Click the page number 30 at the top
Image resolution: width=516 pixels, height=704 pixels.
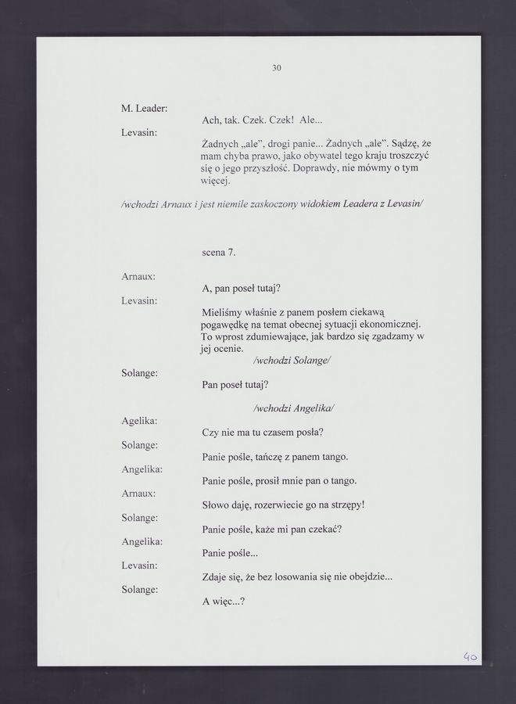276,68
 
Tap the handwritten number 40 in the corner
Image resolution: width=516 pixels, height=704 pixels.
469,657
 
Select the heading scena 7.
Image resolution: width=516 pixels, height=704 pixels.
218,252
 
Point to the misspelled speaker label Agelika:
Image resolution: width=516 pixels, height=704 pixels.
140,421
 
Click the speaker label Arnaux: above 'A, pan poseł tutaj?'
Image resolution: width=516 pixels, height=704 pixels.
138,276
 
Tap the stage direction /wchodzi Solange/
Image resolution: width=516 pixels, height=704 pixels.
293,361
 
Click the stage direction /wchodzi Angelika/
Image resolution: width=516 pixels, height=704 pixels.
294,408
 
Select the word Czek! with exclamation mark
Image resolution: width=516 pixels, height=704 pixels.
281,120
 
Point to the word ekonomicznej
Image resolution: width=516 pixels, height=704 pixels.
390,324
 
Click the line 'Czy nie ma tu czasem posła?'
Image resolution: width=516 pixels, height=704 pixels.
263,433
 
